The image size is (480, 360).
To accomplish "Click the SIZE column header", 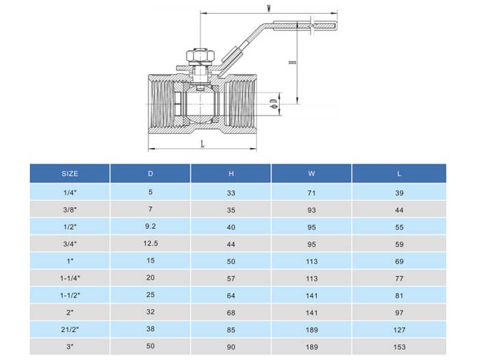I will click(x=69, y=173).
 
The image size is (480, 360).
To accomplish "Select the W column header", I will click(x=312, y=173).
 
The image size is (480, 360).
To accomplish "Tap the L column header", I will click(x=399, y=173).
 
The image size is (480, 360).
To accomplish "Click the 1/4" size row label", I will click(x=69, y=193).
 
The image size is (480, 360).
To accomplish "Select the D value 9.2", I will click(x=151, y=226).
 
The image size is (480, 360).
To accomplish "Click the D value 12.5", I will click(x=151, y=243).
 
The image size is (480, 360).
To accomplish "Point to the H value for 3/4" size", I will click(x=231, y=244).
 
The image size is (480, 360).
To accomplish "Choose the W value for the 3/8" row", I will click(x=312, y=210).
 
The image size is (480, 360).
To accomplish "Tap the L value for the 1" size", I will click(x=399, y=261).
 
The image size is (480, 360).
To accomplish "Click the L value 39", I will click(x=399, y=193).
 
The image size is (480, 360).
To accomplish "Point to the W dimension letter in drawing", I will click(x=269, y=8).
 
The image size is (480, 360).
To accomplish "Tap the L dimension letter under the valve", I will click(x=202, y=144).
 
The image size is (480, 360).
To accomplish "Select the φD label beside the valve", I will click(x=273, y=104).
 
